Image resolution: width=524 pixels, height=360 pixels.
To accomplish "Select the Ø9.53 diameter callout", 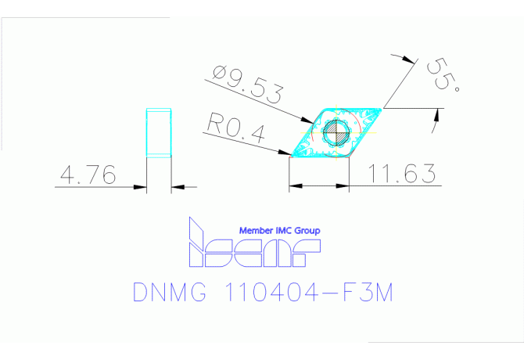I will (x=247, y=84).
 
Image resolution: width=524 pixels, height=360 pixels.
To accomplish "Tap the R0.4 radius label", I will (x=237, y=125).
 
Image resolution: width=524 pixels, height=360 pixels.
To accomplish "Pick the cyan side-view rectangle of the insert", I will (x=160, y=133).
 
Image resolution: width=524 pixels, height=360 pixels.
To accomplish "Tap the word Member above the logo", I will (x=256, y=231).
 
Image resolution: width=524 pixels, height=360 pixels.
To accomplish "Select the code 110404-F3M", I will (x=307, y=293).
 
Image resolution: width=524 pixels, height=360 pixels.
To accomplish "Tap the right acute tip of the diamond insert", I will (x=382, y=107).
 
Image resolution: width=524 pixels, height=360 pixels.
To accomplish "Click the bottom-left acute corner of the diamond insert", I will (x=290, y=156).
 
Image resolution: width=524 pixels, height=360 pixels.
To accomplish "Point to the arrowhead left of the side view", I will (x=143, y=186).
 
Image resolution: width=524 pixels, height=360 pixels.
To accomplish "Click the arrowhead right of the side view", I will (x=175, y=186).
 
